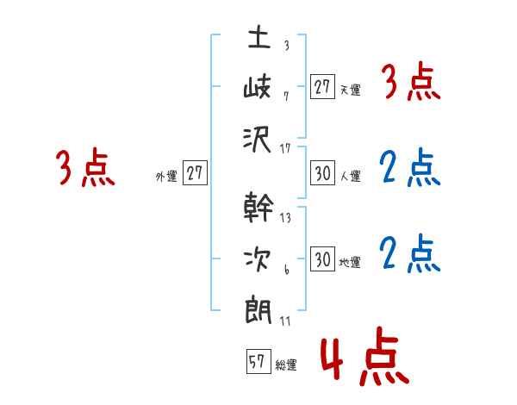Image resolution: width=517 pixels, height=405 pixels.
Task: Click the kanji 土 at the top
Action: (259, 40)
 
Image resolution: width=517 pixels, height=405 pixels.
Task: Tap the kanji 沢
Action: (259, 140)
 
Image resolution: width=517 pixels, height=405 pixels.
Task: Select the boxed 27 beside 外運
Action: (196, 174)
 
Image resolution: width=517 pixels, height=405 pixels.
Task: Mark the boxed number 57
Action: (257, 363)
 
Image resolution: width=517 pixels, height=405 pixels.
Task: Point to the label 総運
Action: (287, 365)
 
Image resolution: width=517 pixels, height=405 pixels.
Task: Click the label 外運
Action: (166, 177)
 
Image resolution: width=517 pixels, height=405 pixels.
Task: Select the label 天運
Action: (350, 90)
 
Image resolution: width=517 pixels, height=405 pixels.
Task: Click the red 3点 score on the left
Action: (85, 168)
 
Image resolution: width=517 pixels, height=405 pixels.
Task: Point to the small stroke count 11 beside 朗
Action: (285, 321)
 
